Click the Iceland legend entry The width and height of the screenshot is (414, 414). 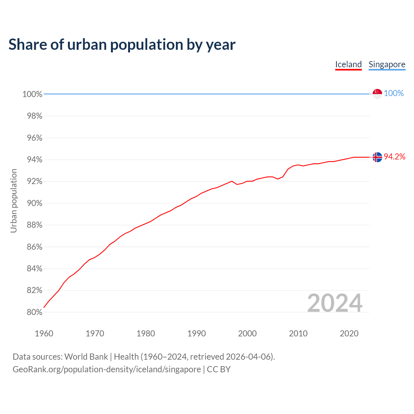[348, 64]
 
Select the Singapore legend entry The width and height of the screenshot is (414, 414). [387, 64]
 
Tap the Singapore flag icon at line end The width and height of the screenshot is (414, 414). [377, 93]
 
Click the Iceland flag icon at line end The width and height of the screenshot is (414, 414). [377, 157]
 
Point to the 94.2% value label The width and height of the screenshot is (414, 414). [395, 157]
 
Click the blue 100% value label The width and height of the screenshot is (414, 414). [394, 93]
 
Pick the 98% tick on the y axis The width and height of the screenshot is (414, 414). [32, 116]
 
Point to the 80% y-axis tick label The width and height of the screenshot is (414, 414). [32, 312]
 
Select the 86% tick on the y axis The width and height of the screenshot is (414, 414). [32, 247]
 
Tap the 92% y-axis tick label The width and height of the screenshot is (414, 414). [32, 181]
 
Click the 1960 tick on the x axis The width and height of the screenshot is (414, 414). [44, 333]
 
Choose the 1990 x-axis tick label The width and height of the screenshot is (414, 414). [196, 333]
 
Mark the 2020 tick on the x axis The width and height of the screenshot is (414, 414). [349, 333]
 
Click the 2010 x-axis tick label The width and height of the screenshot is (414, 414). [298, 333]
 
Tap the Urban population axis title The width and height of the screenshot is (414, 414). [14, 201]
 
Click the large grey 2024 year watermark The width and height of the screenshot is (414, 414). [334, 303]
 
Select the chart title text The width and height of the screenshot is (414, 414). [122, 45]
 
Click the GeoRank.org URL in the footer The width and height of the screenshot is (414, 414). [107, 369]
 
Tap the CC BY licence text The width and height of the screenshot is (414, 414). [219, 369]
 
